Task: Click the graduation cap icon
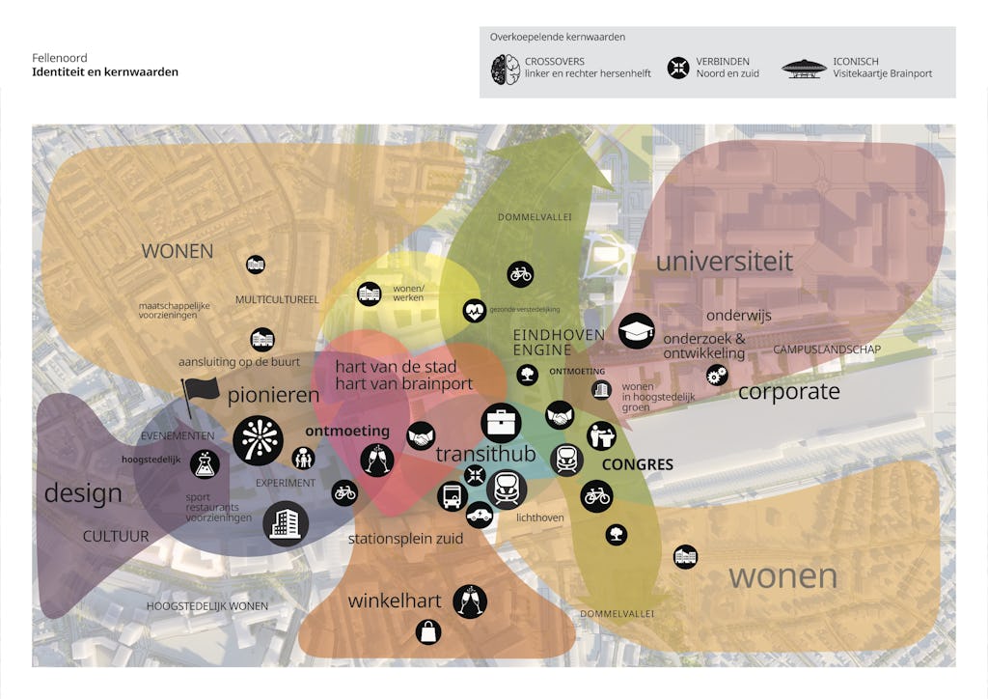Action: (636, 331)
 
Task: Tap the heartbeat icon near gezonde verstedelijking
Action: (474, 310)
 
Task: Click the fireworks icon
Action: (258, 440)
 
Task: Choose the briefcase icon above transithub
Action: (501, 422)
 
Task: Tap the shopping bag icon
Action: (428, 632)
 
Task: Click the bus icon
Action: (452, 496)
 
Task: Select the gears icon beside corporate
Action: (717, 375)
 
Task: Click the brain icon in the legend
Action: (506, 69)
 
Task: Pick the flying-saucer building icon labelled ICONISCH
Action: (804, 69)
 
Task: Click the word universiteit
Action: (724, 261)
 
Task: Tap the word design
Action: (83, 493)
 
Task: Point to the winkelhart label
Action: (395, 601)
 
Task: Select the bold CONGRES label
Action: (637, 464)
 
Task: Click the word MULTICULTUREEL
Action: (277, 299)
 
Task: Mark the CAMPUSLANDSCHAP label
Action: (827, 349)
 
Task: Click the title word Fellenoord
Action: (60, 58)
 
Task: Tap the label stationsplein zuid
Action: (405, 539)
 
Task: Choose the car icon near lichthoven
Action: (479, 515)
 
